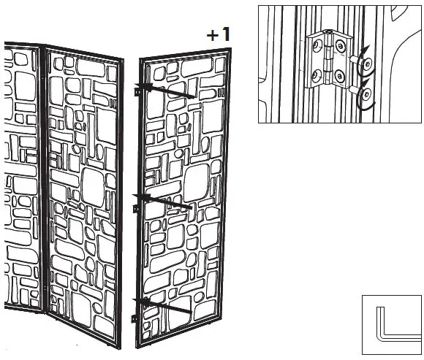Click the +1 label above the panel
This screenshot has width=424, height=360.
(x=219, y=34)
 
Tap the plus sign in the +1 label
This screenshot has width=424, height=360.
(x=213, y=35)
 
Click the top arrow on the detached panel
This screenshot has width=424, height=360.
(x=164, y=91)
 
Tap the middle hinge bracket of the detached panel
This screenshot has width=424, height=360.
(x=135, y=208)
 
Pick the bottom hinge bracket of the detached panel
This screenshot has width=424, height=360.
(x=134, y=318)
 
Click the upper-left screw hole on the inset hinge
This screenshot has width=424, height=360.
(x=316, y=45)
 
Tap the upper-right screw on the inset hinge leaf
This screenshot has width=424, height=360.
(x=340, y=46)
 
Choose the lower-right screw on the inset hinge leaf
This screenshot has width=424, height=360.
(x=339, y=76)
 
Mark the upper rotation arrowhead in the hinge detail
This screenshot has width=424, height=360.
(x=366, y=50)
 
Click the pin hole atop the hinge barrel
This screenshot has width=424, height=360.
(x=328, y=32)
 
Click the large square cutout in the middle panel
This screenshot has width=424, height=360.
(x=93, y=187)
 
